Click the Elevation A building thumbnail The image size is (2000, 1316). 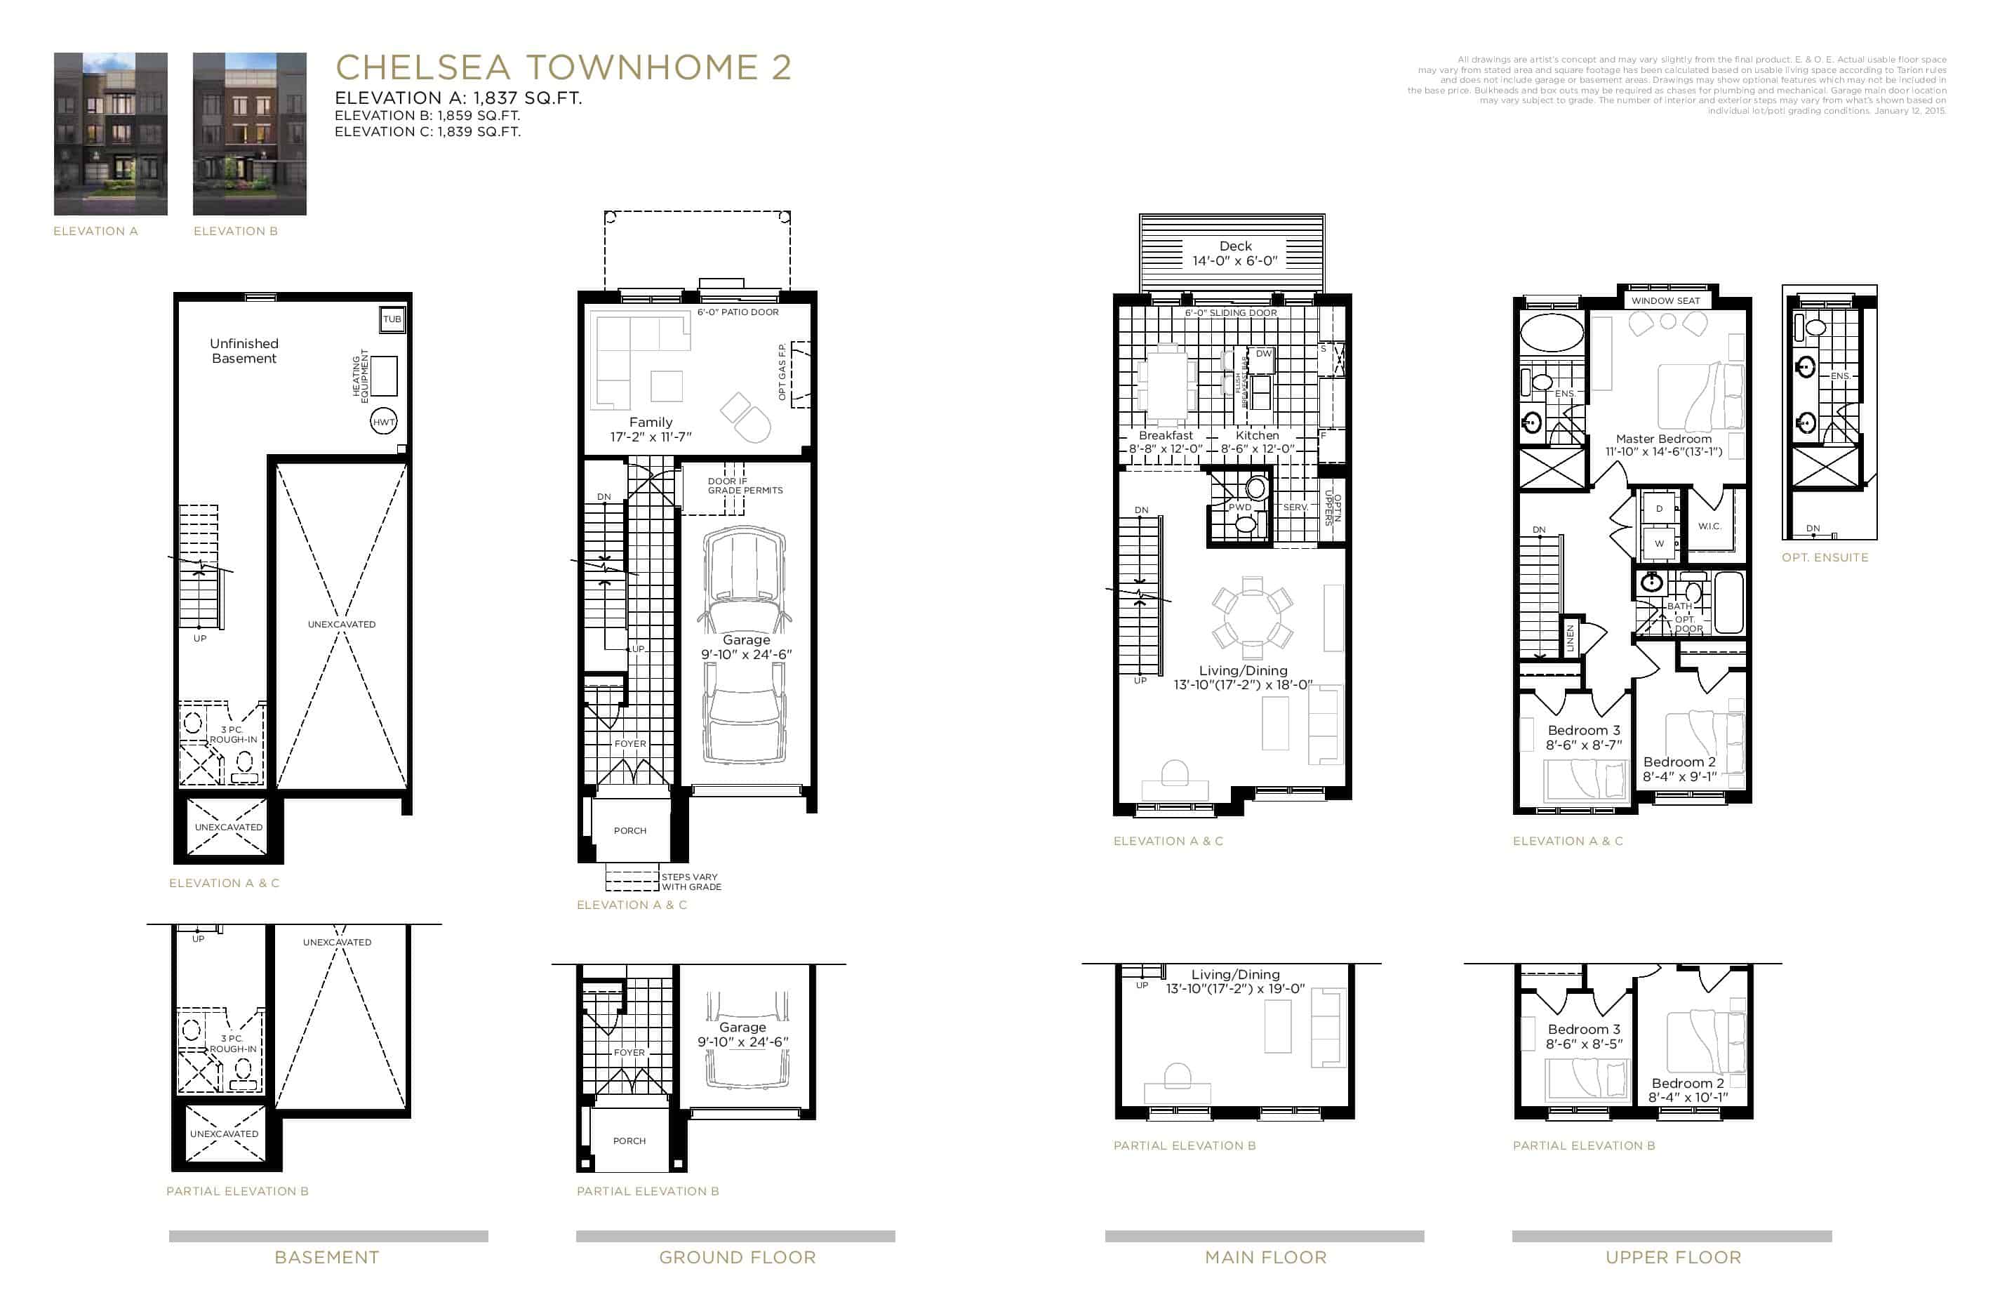(x=110, y=133)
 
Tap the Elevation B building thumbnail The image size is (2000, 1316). (x=250, y=133)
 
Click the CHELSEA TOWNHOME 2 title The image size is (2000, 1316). (x=563, y=67)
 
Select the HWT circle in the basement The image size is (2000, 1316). (x=383, y=422)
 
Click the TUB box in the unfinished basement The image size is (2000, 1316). (x=392, y=319)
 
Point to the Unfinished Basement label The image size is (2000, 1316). (x=244, y=350)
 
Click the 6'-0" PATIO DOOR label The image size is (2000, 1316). (x=737, y=312)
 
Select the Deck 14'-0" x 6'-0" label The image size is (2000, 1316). (x=1234, y=253)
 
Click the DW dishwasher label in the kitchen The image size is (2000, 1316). (x=1263, y=354)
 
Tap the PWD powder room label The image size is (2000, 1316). (x=1239, y=507)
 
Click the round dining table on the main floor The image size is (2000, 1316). (x=1251, y=618)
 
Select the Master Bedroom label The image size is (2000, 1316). (x=1663, y=439)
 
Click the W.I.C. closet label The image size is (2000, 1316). (x=1709, y=526)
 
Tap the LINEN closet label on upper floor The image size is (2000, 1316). (x=1569, y=638)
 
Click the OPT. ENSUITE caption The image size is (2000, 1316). (x=1825, y=557)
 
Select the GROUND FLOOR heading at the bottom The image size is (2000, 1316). (x=737, y=1257)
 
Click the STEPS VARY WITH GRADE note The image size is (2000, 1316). (x=691, y=882)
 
